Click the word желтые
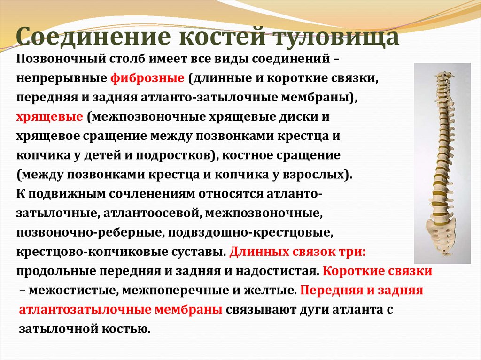tap(271, 290)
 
